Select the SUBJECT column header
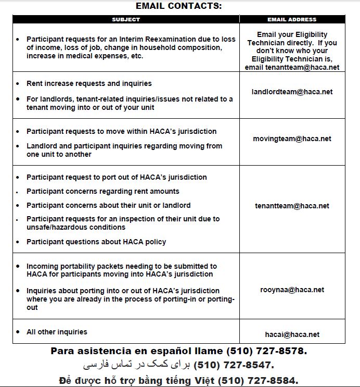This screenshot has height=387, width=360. tap(126, 19)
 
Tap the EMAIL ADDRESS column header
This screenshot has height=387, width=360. tap(292, 19)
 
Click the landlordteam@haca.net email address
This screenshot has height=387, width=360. tap(292, 92)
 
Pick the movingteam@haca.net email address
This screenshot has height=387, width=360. tap(292, 139)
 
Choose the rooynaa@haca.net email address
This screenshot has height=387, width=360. tap(292, 290)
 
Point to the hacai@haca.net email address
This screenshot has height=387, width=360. tap(292, 334)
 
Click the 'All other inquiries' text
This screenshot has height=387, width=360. tap(57, 332)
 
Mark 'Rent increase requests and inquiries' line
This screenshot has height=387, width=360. tap(89, 83)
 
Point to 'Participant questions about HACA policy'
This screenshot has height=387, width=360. tap(96, 242)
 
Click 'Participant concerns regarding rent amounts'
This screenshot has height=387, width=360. tap(103, 191)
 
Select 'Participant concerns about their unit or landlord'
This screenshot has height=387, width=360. tap(108, 205)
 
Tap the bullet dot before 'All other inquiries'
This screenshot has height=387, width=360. tap(19, 332)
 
